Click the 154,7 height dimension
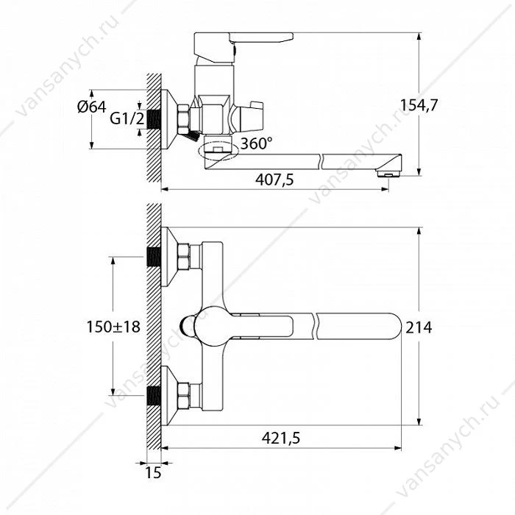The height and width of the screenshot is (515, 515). (419, 105)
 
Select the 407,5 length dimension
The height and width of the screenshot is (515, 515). (274, 180)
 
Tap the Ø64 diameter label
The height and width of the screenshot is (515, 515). (92, 107)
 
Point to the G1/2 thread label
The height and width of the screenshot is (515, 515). (127, 118)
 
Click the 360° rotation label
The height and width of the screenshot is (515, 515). (256, 143)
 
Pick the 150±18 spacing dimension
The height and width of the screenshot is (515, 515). (113, 327)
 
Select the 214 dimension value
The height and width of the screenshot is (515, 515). (419, 327)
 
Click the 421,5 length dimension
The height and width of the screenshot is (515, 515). (281, 438)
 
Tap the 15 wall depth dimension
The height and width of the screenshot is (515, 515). (153, 472)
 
